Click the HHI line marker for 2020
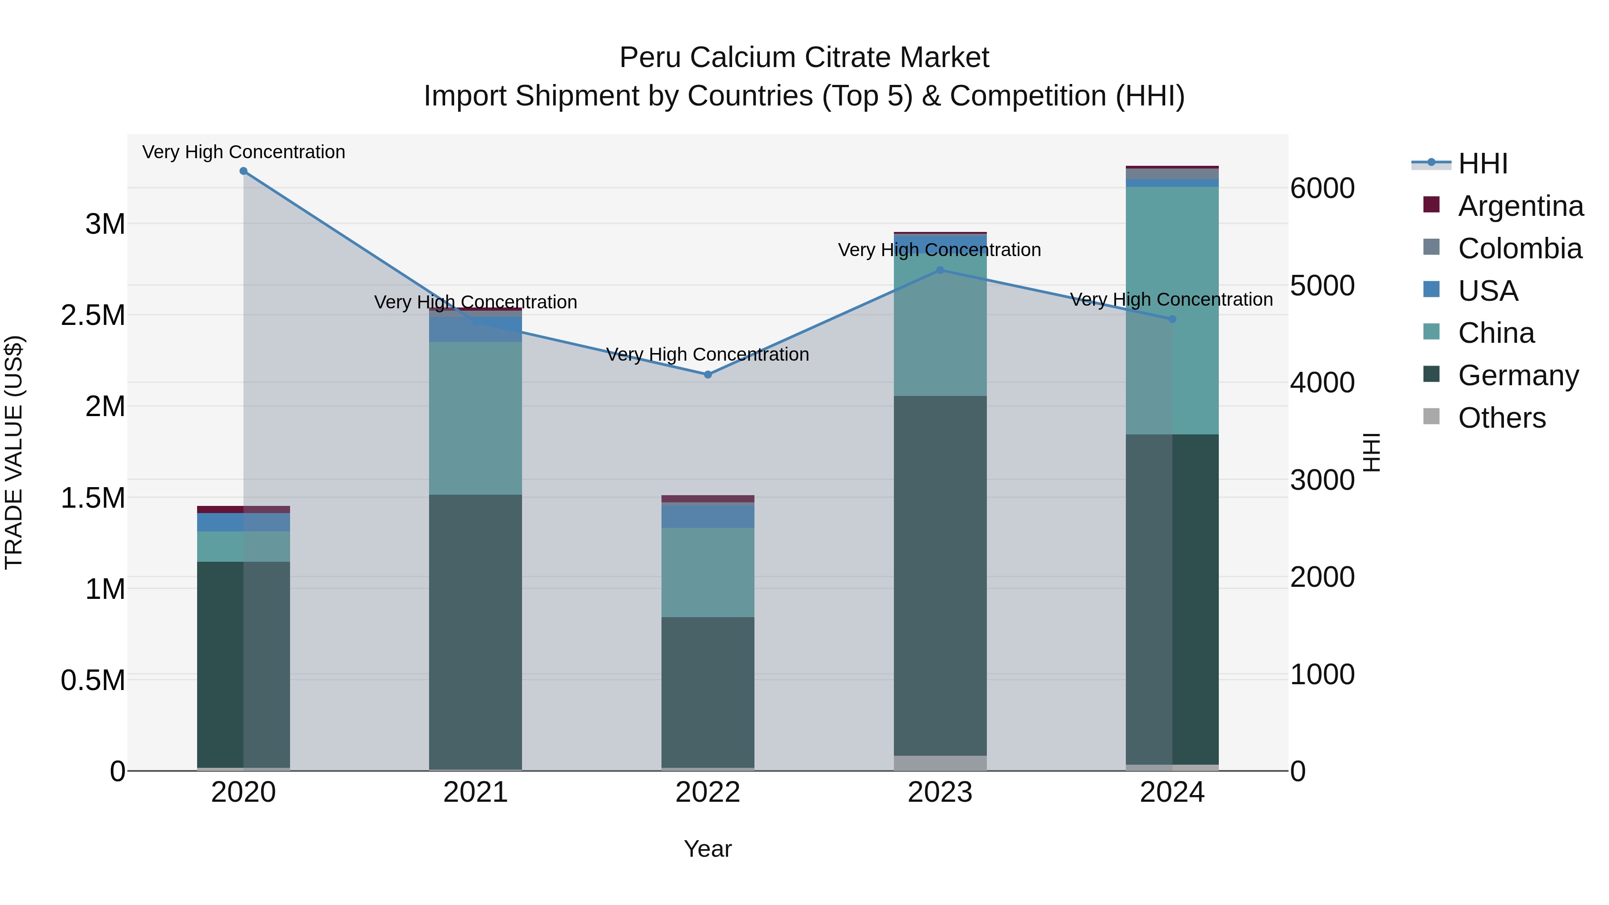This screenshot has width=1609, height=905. pos(244,171)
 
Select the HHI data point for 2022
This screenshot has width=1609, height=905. pos(708,375)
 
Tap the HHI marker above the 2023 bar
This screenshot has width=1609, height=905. pos(940,270)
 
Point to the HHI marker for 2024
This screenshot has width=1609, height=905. pos(1172,319)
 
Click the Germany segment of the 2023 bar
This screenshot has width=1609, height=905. pos(940,575)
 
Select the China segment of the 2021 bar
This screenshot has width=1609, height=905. pos(476,418)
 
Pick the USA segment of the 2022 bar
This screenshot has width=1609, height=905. pos(708,516)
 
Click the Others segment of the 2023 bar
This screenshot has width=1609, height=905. pos(940,763)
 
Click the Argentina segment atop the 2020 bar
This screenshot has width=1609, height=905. pos(244,509)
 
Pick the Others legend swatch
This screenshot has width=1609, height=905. pos(1431,417)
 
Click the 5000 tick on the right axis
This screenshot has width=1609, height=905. pos(1323,286)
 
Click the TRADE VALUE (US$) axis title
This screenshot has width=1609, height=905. pos(14,452)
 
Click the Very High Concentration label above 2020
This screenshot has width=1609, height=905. pos(244,152)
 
